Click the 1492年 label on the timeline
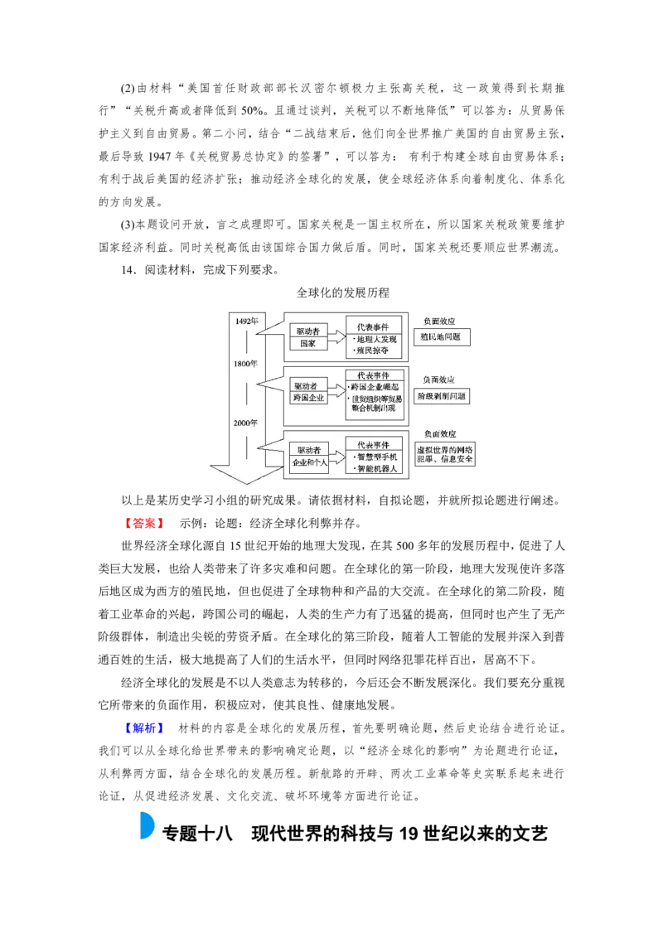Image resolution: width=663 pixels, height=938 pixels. [x=245, y=321]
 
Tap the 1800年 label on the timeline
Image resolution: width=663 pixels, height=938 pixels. [x=245, y=364]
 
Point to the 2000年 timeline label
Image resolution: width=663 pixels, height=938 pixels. [x=245, y=423]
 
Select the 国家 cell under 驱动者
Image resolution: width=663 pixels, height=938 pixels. [x=307, y=344]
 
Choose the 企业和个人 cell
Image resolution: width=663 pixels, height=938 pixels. [x=311, y=462]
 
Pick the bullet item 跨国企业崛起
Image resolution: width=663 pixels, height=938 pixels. [x=375, y=387]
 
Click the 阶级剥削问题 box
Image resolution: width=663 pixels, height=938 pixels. [x=442, y=396]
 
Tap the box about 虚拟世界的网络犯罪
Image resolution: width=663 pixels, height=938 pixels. [x=445, y=453]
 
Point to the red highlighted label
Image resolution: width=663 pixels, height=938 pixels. [x=146, y=524]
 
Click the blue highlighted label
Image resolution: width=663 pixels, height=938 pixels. [x=146, y=728]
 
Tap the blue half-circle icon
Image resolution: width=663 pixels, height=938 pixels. [x=146, y=825]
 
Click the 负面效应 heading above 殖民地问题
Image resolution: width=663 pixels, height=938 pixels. [x=439, y=321]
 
